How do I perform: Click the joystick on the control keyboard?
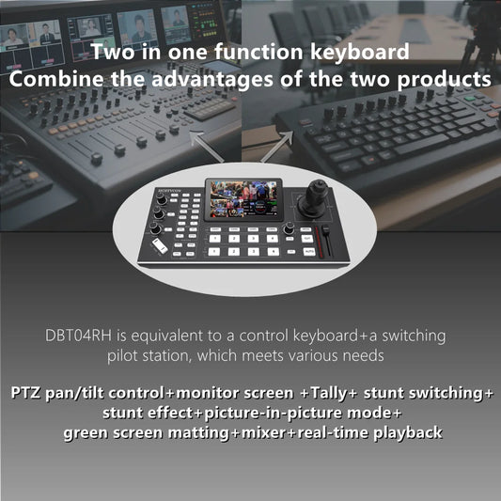[310, 200]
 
